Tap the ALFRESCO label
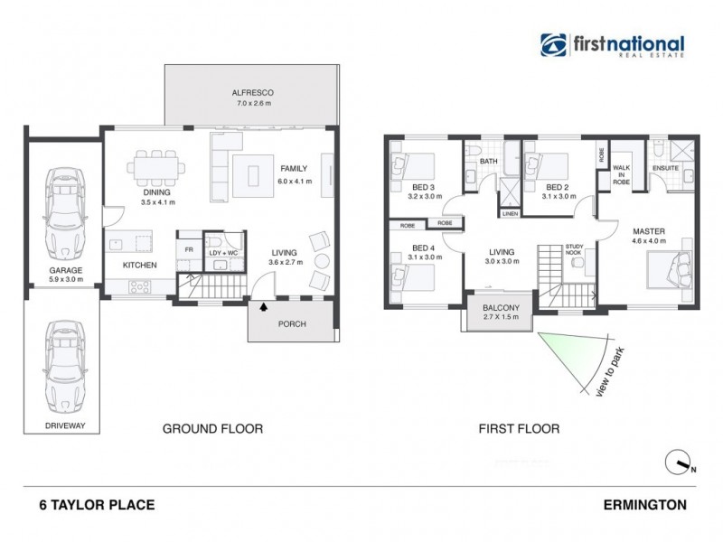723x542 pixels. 252,93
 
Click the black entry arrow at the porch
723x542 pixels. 264,307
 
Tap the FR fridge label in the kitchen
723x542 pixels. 189,248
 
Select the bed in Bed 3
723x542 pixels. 411,167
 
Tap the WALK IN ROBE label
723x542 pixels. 621,174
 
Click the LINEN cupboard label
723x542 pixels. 510,214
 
